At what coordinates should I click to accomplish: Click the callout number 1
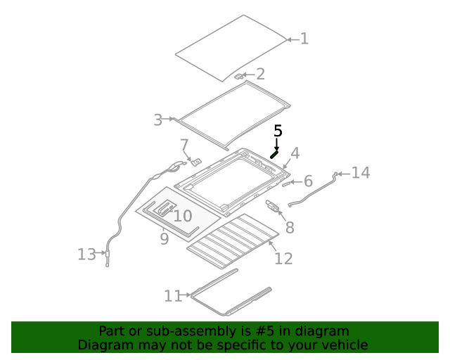304,39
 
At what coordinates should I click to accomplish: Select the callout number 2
260,74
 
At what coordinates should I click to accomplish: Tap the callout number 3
158,120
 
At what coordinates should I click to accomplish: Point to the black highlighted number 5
278,131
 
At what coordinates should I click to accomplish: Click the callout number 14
360,172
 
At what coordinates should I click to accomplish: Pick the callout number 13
86,255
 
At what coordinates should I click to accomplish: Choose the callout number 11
173,296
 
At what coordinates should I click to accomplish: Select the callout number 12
283,259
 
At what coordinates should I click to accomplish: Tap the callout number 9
164,239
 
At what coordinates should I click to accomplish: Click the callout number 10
182,216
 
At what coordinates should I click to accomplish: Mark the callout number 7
184,146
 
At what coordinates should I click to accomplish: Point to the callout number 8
289,227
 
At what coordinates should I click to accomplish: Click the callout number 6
307,181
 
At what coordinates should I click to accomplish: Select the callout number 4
295,153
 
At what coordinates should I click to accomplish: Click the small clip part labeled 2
239,75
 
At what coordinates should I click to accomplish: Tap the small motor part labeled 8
273,205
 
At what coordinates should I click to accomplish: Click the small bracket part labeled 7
197,162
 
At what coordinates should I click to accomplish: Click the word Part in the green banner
112,331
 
